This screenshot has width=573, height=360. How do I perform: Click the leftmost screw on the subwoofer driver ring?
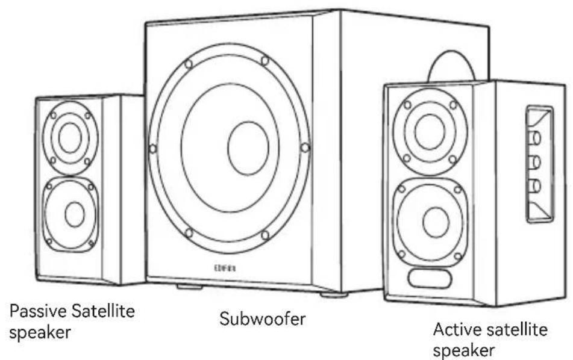(x=153, y=149)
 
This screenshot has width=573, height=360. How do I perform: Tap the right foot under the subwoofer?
(x=333, y=295)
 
